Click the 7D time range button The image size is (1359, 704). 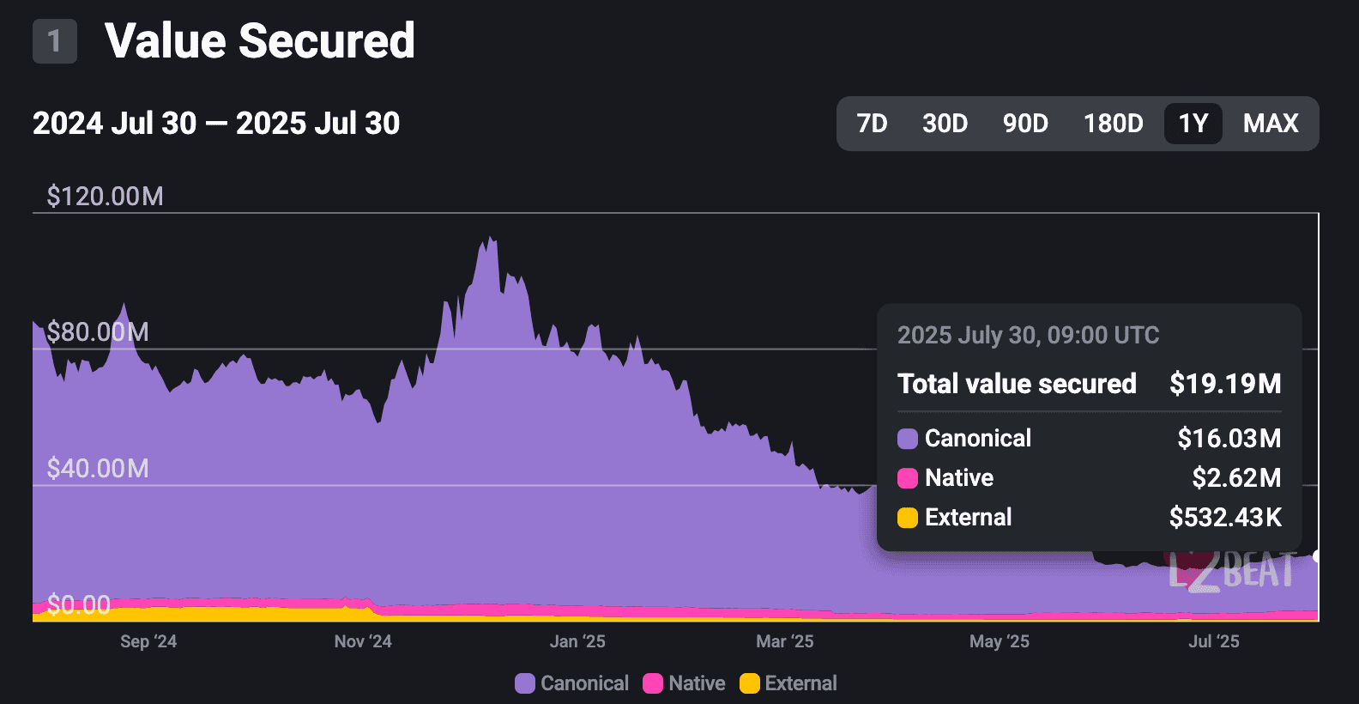(x=872, y=124)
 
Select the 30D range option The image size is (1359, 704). (x=945, y=124)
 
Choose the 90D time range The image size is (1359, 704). (x=1025, y=124)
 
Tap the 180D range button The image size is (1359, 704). (x=1113, y=124)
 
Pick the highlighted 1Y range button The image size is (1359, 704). (x=1193, y=124)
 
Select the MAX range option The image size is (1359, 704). (x=1271, y=124)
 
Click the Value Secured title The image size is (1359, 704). (x=259, y=41)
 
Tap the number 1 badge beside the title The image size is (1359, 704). (x=55, y=41)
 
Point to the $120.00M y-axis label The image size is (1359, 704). (x=105, y=197)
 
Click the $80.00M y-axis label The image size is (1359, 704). (x=98, y=332)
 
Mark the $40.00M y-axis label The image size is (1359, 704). (x=98, y=469)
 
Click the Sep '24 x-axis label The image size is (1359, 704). (x=148, y=641)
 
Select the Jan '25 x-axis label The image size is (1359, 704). (x=577, y=641)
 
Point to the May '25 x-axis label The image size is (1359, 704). (x=999, y=641)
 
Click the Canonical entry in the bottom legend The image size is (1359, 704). (x=572, y=683)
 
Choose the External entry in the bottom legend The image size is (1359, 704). (x=788, y=683)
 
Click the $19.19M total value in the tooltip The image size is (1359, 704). (x=1225, y=384)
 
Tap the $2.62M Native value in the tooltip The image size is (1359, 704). (x=1236, y=478)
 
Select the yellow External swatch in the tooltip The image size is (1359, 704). (x=908, y=518)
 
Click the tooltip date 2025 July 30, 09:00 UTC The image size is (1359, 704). (x=1028, y=335)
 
